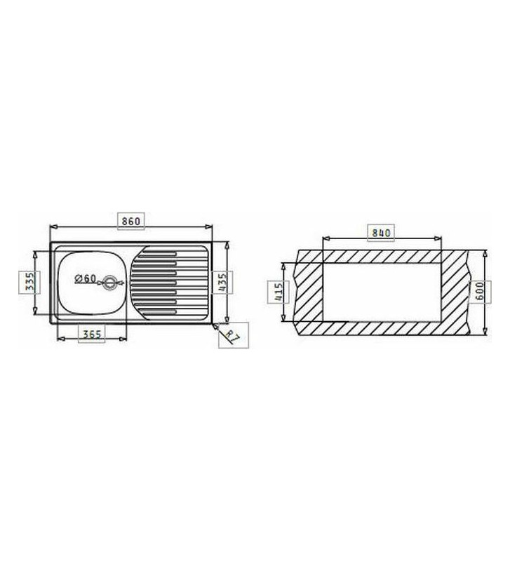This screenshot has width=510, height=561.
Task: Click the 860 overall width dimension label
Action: (x=131, y=221)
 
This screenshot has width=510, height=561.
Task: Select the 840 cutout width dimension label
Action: (x=381, y=233)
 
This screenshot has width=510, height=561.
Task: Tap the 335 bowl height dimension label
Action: (x=30, y=282)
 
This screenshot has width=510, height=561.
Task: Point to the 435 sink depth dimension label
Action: (x=222, y=283)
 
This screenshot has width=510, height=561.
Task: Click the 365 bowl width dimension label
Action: (x=92, y=334)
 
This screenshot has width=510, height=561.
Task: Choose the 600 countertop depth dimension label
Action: (x=480, y=291)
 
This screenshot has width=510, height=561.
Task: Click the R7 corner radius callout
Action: (x=233, y=336)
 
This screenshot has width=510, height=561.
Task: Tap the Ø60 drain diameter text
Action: (x=86, y=278)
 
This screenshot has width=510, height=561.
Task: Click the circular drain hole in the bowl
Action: (x=109, y=283)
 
